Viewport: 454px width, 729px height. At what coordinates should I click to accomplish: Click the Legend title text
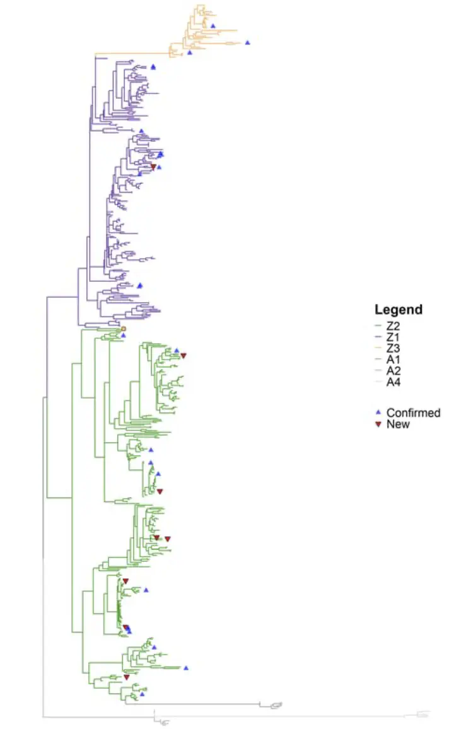(398, 310)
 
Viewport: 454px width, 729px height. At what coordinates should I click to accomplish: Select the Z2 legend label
(393, 326)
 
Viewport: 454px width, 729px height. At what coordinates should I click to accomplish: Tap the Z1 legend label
(393, 337)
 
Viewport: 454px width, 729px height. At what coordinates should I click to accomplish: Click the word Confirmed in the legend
(413, 413)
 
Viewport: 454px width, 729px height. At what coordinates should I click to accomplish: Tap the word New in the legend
(398, 424)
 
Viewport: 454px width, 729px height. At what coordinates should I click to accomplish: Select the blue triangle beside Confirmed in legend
(378, 412)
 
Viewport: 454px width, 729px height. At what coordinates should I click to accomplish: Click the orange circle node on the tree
(124, 329)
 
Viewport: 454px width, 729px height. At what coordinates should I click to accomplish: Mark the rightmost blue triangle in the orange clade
(248, 42)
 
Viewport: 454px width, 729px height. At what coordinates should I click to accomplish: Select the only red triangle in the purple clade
(153, 167)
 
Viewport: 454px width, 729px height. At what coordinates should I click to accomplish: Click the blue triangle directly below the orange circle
(124, 335)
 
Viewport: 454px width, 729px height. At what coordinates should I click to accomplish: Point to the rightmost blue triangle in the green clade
(187, 667)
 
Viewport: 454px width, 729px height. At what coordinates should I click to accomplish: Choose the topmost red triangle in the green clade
(183, 356)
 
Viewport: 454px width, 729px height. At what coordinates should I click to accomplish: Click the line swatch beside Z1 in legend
(377, 337)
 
